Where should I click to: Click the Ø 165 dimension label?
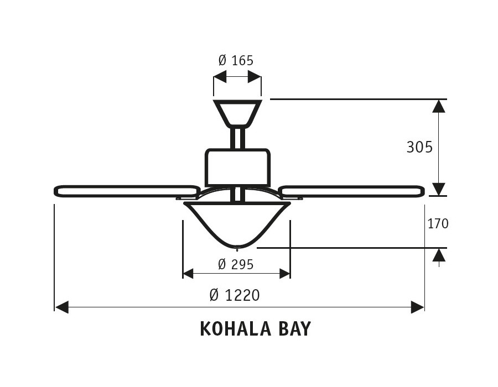(x=236, y=60)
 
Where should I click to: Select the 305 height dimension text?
(x=419, y=147)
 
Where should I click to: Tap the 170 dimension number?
(x=438, y=224)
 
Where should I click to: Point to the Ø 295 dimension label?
(x=236, y=264)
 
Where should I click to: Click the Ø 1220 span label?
(x=235, y=295)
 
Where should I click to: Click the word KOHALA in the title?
(x=236, y=329)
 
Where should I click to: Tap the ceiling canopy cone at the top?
(x=237, y=113)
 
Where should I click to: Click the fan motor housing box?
(x=237, y=167)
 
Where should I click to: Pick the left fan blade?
(x=126, y=191)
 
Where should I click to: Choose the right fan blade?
(x=352, y=191)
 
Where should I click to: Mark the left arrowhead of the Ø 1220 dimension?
(x=62, y=307)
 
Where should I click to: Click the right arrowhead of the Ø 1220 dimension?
(x=417, y=307)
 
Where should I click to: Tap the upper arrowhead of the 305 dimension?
(x=439, y=106)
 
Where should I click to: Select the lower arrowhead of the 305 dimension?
(x=439, y=190)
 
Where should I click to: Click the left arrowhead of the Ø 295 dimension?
(x=188, y=274)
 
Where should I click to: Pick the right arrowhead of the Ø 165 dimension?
(x=255, y=77)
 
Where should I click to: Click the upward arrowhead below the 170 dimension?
(x=439, y=255)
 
